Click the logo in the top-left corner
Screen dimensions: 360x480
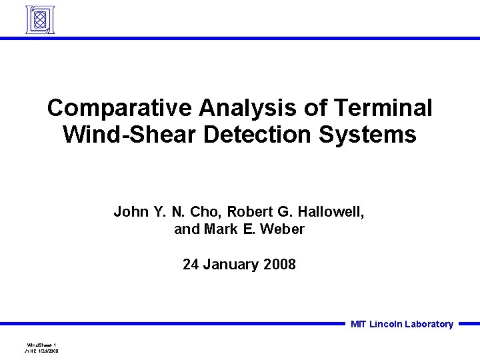39,19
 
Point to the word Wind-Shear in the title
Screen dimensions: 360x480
129,135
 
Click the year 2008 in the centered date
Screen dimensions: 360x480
280,264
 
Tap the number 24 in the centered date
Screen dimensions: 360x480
191,264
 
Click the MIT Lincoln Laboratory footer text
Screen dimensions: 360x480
402,325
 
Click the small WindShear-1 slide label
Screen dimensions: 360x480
41,345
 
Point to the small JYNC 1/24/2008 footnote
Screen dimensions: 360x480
41,351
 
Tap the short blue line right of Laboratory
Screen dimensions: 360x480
469,324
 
